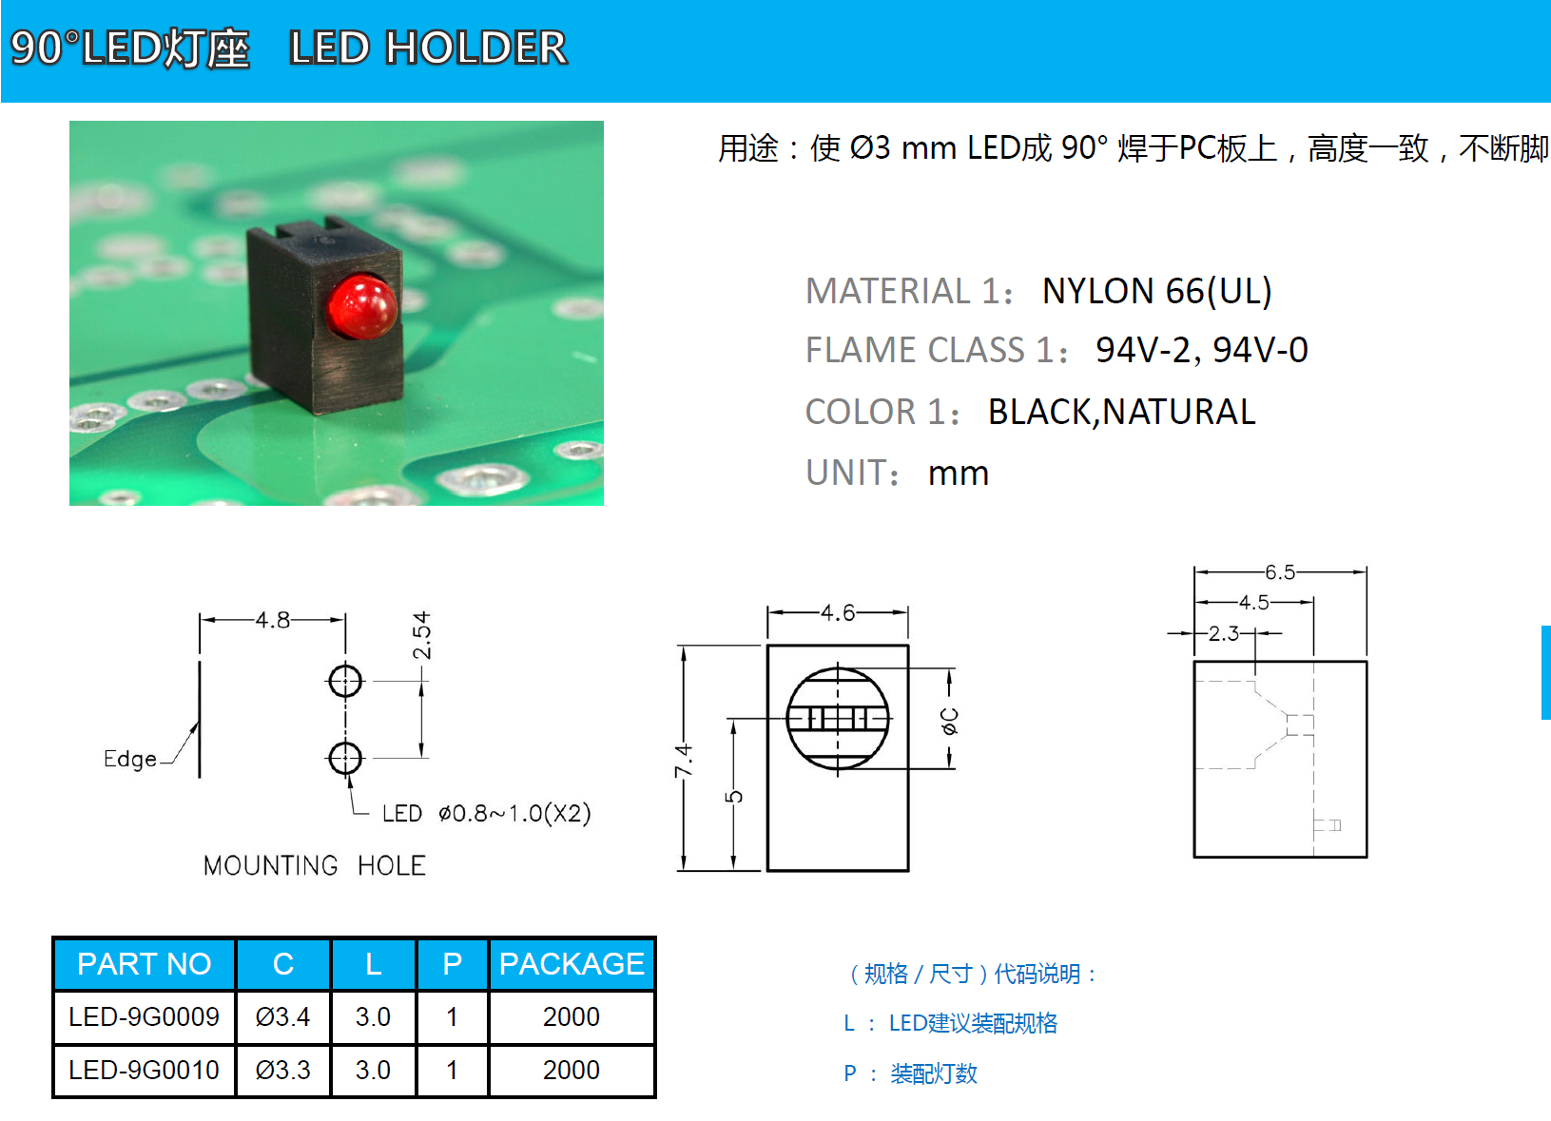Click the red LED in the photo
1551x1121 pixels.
tap(362, 307)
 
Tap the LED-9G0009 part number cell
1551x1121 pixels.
tap(144, 1016)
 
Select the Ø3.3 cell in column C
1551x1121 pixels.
tap(282, 1070)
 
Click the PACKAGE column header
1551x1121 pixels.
tap(572, 964)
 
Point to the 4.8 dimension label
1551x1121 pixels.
tap(273, 620)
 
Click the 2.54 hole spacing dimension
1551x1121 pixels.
tap(421, 636)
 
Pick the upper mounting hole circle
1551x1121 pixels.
tap(345, 681)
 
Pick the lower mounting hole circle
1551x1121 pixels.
tap(345, 758)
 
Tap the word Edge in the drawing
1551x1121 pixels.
tap(130, 759)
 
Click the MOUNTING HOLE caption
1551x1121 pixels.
tap(315, 865)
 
